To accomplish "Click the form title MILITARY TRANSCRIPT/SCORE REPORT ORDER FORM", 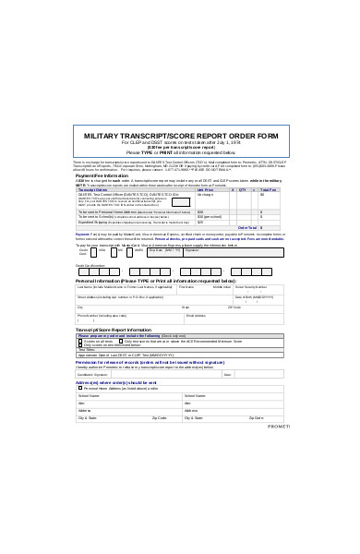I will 181,135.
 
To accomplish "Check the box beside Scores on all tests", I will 81,341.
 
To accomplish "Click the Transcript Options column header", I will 93,189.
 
